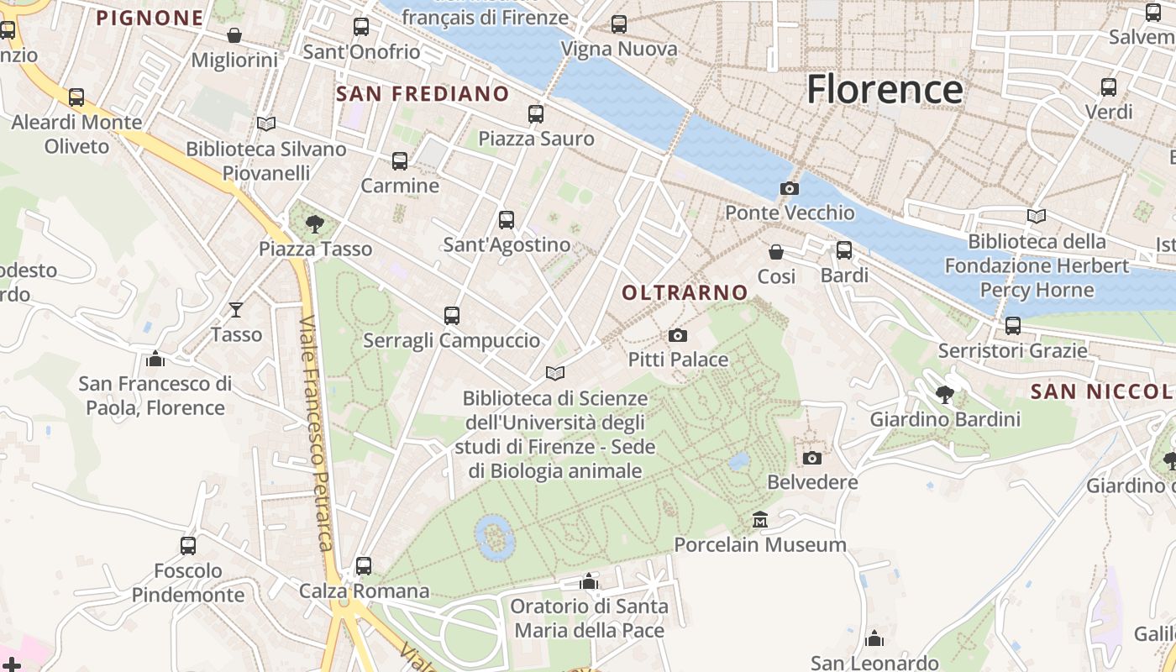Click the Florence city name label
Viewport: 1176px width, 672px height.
(x=885, y=89)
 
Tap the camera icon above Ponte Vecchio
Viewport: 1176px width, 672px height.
(x=790, y=188)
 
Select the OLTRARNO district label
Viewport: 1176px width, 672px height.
(x=685, y=292)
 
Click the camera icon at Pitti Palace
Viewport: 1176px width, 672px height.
(x=678, y=335)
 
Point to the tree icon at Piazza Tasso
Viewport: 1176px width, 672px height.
(x=315, y=223)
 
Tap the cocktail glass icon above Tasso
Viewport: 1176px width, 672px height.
(x=236, y=309)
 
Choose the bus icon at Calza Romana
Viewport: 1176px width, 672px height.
(x=364, y=566)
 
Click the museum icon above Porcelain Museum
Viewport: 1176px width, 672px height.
(x=760, y=519)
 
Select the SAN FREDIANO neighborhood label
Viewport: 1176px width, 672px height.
(x=423, y=93)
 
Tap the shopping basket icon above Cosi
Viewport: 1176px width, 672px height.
(x=776, y=251)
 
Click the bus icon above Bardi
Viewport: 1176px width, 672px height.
(x=844, y=249)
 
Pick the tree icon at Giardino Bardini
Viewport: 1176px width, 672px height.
(x=945, y=394)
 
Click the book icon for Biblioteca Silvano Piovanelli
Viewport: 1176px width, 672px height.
(x=266, y=123)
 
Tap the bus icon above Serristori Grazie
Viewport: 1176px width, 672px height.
(x=1013, y=325)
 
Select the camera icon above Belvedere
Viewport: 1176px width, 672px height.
(x=811, y=458)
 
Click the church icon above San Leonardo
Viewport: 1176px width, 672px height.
(x=874, y=638)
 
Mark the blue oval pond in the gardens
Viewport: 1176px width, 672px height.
(x=495, y=537)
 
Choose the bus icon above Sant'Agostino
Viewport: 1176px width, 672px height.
(x=507, y=220)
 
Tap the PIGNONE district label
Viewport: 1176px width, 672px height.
(x=150, y=18)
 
